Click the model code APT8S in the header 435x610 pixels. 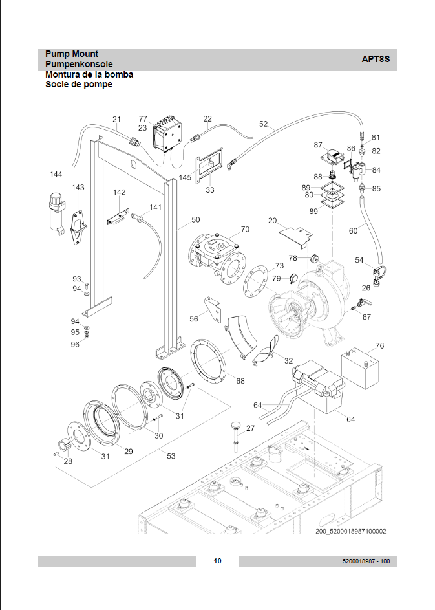click(x=376, y=60)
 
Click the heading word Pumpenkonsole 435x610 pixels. click(x=79, y=64)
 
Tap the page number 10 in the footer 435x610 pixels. click(x=217, y=561)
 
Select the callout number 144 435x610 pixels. click(x=56, y=174)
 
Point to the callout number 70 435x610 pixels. click(x=245, y=229)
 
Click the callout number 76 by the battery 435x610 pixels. click(x=379, y=346)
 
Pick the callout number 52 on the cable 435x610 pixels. click(x=263, y=124)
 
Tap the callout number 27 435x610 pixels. click(x=250, y=428)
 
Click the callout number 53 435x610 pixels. click(x=171, y=457)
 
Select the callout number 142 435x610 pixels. click(x=119, y=193)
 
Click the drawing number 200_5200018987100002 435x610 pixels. click(x=351, y=532)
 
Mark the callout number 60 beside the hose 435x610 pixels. click(x=353, y=230)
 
